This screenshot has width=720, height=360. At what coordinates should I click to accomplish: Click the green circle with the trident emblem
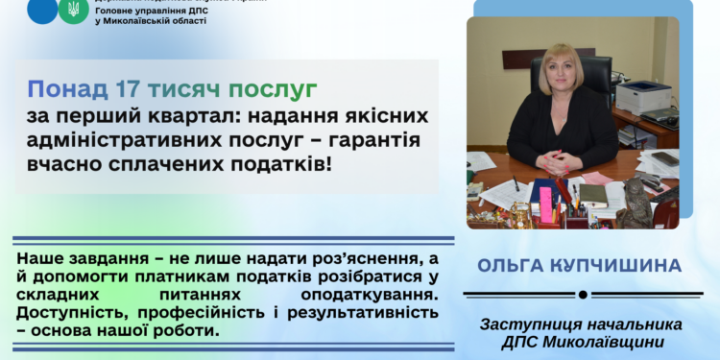[71, 11]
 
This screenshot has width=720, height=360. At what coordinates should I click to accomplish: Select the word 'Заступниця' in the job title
[539, 327]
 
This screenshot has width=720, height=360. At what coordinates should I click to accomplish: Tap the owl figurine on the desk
[633, 204]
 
